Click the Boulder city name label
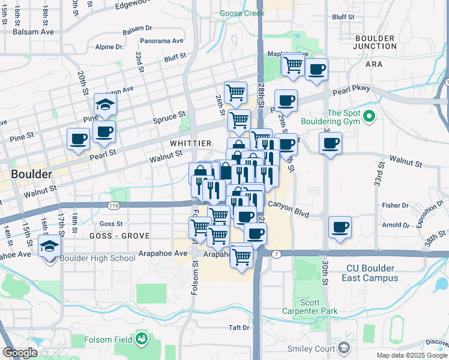(x=31, y=174)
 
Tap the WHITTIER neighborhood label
(x=190, y=143)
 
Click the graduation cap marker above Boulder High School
(x=49, y=245)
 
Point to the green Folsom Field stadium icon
(x=141, y=340)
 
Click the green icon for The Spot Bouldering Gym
(x=369, y=115)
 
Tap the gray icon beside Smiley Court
(x=344, y=347)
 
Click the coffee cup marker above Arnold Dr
(x=340, y=227)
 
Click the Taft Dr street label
(x=238, y=328)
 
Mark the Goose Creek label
(x=238, y=13)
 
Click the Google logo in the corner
(x=20, y=353)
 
